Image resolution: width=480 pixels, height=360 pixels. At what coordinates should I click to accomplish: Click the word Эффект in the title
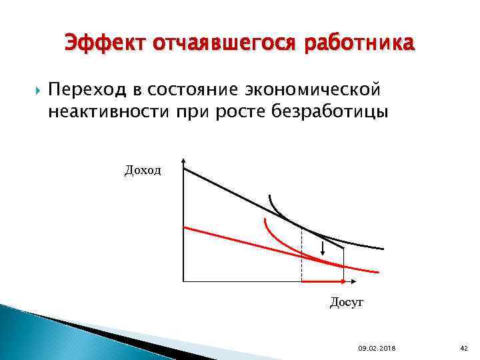click(106, 44)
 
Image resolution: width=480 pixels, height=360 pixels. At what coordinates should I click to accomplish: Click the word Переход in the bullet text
click(86, 89)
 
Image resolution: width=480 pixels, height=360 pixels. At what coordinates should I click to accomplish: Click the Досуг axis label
click(347, 303)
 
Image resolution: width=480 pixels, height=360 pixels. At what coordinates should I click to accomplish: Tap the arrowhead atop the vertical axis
click(183, 162)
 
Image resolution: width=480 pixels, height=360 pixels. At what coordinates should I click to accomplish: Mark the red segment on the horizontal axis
click(323, 281)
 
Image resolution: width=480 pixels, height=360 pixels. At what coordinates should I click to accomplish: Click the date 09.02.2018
click(376, 347)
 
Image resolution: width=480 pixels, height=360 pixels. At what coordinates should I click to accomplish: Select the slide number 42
click(464, 347)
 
